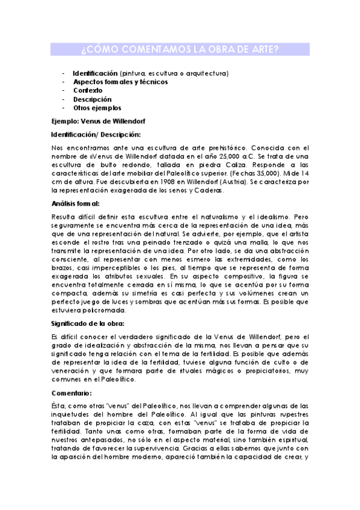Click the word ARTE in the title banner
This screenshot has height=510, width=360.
point(264,49)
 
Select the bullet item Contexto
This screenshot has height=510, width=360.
point(88,90)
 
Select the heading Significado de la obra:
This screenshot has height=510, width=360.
point(88,324)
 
